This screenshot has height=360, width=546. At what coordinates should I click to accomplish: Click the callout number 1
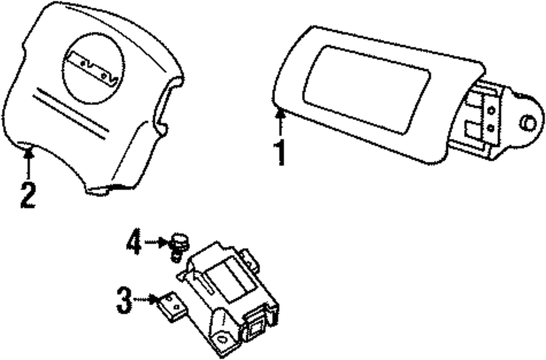point(280,154)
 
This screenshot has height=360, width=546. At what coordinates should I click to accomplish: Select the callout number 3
point(124,300)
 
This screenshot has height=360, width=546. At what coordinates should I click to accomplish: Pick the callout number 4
point(134,244)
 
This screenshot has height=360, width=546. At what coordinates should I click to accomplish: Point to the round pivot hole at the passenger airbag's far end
point(527,123)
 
